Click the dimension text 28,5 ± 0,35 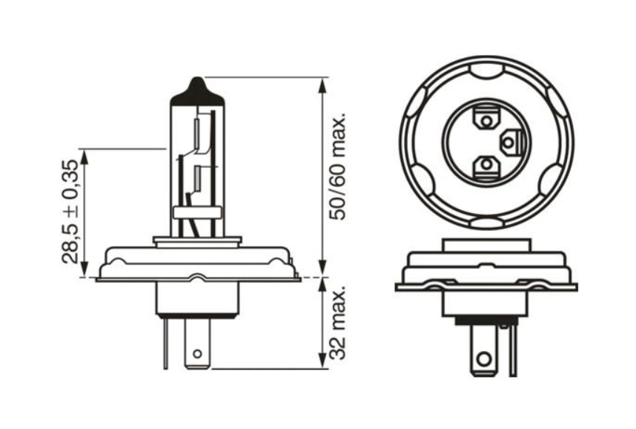[x=70, y=212]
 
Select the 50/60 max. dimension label [x=339, y=168]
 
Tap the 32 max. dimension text [x=339, y=324]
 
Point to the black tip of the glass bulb [x=196, y=89]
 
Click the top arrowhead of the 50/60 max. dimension [x=322, y=84]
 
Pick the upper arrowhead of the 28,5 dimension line [x=84, y=156]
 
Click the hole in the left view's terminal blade [x=196, y=355]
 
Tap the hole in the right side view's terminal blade [x=483, y=359]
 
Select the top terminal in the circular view [x=486, y=119]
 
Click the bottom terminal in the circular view [x=486, y=166]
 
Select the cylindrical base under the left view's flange [x=196, y=297]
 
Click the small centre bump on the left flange [x=196, y=278]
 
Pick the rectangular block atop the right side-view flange [x=486, y=244]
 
